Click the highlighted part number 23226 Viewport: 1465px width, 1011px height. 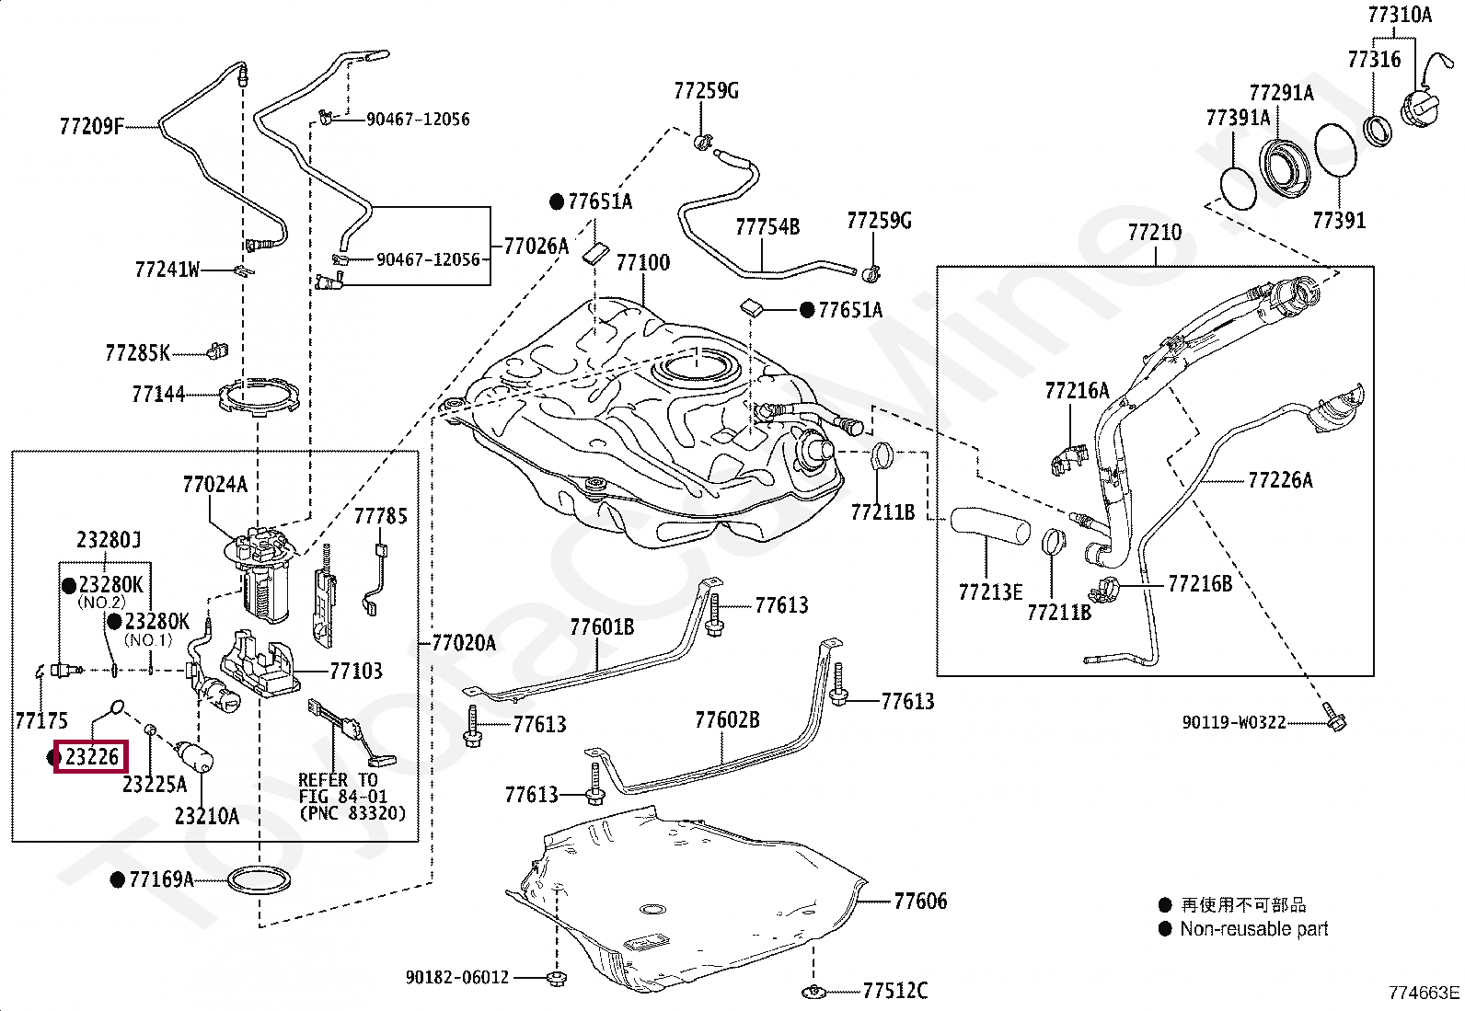point(92,758)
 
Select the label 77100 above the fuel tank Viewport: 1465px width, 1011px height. point(642,263)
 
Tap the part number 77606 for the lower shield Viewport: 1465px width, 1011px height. point(919,902)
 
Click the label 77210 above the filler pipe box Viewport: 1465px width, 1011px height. point(1154,233)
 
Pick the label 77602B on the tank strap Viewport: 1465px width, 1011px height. point(727,719)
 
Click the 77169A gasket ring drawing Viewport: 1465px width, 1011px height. point(261,880)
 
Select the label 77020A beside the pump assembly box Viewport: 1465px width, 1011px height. point(464,643)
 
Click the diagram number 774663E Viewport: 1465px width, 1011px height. point(1424,993)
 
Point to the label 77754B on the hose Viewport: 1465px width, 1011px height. point(767,226)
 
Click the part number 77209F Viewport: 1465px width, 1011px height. point(91,126)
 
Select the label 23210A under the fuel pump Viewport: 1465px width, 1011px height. point(206,816)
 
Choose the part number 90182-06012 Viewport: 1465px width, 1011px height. point(456,977)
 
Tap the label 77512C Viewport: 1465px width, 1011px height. point(894,991)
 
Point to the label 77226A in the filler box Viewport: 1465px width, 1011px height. point(1280,480)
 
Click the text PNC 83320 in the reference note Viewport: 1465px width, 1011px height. point(352,814)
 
